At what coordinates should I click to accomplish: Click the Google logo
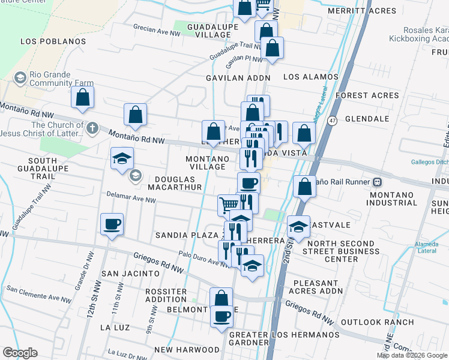click(20, 353)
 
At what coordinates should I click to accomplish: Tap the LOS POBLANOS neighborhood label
click(53, 41)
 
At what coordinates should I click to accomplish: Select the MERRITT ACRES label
click(362, 11)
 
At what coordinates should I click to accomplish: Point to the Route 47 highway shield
click(331, 121)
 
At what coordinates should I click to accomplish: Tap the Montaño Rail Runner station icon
click(378, 182)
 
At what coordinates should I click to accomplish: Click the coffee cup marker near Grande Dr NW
click(112, 225)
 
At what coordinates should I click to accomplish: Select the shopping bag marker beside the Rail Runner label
click(305, 186)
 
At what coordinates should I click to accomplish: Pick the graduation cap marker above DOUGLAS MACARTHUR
click(122, 159)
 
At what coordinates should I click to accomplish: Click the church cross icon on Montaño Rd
click(92, 128)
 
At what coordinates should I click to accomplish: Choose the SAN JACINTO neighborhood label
click(130, 273)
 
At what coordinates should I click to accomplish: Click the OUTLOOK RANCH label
click(388, 322)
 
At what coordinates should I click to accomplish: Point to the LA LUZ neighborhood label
click(113, 328)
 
